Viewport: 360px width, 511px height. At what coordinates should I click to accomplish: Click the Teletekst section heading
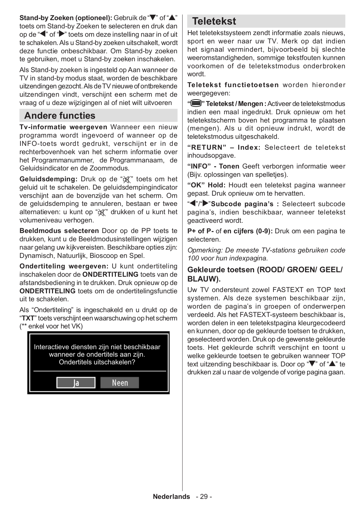[x=214, y=21]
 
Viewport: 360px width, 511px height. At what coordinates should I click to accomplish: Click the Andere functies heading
[x=60, y=116]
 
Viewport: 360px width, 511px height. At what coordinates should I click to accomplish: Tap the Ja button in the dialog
[x=76, y=383]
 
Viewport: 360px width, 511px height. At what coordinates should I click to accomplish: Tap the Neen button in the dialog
[x=120, y=383]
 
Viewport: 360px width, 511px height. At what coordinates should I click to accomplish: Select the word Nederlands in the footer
[x=171, y=497]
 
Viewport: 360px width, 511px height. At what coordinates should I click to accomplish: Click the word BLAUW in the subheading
[x=203, y=279]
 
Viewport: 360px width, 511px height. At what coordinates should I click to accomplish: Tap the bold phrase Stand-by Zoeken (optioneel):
[x=66, y=18]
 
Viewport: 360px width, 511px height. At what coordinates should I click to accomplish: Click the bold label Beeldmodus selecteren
[x=59, y=231]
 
